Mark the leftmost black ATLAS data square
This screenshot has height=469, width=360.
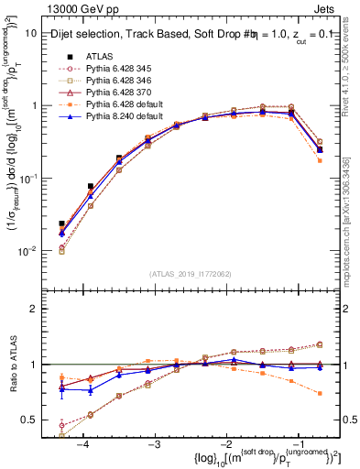tap(61, 224)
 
